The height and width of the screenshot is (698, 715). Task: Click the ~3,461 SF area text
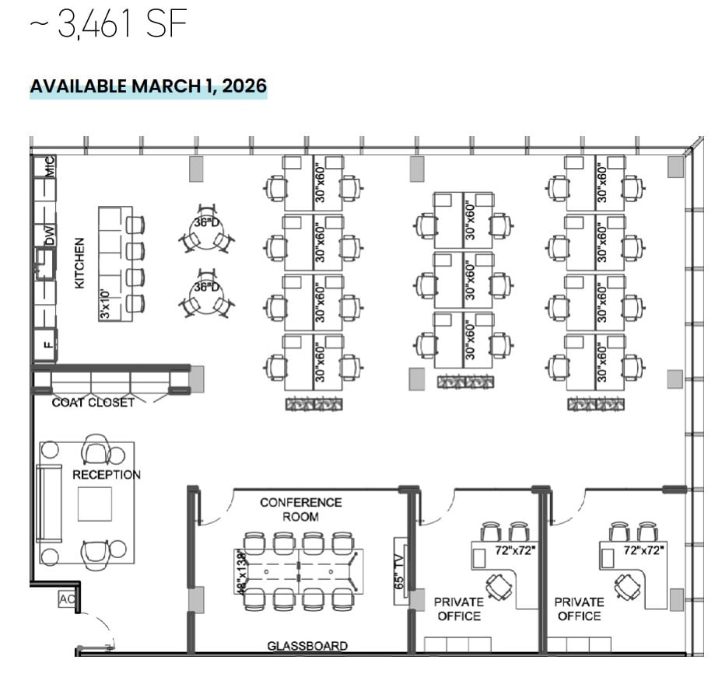(x=109, y=26)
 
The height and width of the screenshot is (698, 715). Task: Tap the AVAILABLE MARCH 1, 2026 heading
(x=148, y=86)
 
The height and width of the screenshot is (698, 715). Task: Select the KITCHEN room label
(x=79, y=263)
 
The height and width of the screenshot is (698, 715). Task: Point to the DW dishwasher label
(x=50, y=236)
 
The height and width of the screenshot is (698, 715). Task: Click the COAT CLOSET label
(x=93, y=403)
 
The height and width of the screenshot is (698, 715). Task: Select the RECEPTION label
(x=107, y=474)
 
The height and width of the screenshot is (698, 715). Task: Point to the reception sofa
(x=50, y=503)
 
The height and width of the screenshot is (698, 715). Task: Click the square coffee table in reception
(x=94, y=504)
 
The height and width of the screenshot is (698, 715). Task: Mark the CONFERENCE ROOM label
(x=300, y=509)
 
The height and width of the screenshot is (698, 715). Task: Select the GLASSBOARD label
(x=307, y=646)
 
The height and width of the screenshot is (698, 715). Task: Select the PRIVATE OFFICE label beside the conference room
(x=458, y=609)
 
